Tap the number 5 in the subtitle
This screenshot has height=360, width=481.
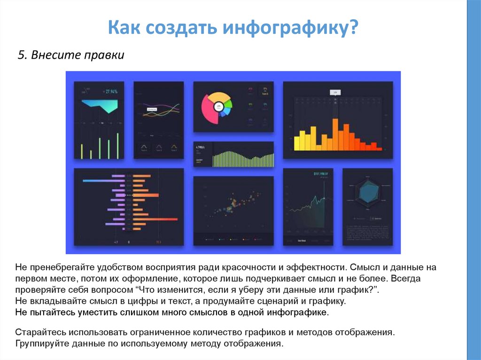click(x=21, y=55)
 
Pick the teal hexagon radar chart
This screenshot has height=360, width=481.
click(x=368, y=191)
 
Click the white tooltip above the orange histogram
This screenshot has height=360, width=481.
click(x=335, y=92)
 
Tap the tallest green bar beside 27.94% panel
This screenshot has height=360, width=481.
click(x=117, y=146)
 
